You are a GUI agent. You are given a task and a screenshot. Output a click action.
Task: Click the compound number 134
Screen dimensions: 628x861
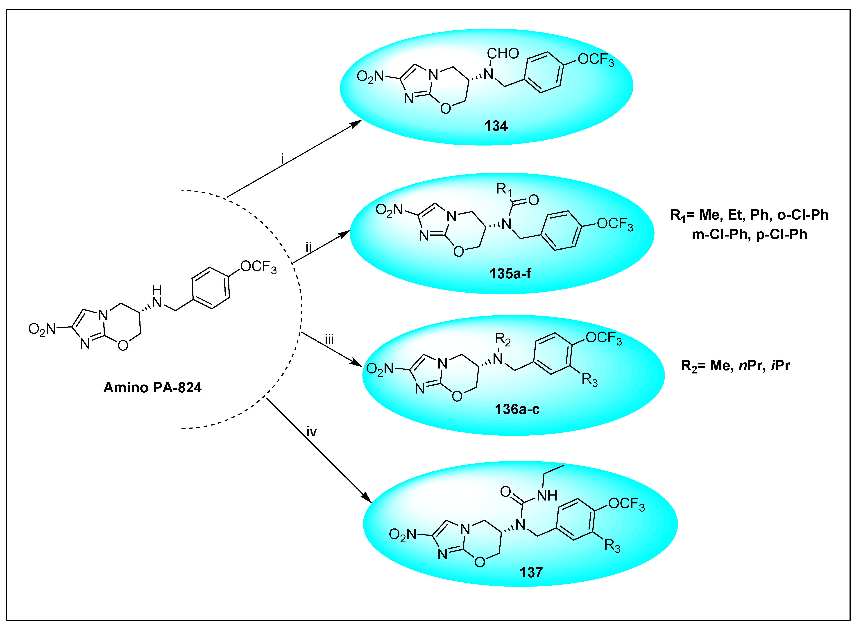pos(496,126)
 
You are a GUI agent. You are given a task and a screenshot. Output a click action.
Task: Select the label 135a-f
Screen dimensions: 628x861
pos(510,273)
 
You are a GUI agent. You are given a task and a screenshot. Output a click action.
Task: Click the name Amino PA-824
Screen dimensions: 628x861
pos(152,387)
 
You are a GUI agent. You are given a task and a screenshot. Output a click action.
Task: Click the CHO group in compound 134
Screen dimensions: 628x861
pos(503,54)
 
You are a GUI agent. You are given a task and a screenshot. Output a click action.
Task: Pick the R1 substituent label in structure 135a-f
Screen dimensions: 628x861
pos(504,189)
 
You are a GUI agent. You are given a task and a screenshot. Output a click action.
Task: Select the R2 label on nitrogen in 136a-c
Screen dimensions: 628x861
pos(502,338)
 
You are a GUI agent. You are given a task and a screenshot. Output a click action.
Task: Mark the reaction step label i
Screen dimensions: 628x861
pos(282,159)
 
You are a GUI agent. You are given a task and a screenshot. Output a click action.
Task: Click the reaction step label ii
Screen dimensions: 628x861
pos(308,248)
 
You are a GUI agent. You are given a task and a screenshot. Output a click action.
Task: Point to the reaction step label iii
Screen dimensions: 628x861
pos(329,339)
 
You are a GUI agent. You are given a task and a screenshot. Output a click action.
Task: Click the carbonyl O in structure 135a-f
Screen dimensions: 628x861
pos(533,200)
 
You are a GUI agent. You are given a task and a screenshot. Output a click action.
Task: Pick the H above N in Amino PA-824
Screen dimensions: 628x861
pos(156,290)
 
